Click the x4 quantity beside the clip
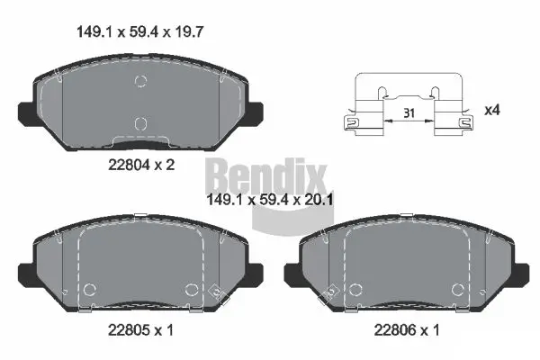tap(491, 110)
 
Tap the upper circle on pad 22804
tap(139, 83)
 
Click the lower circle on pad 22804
tap(139, 123)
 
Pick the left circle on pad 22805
tap(90, 290)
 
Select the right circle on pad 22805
tap(191, 290)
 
